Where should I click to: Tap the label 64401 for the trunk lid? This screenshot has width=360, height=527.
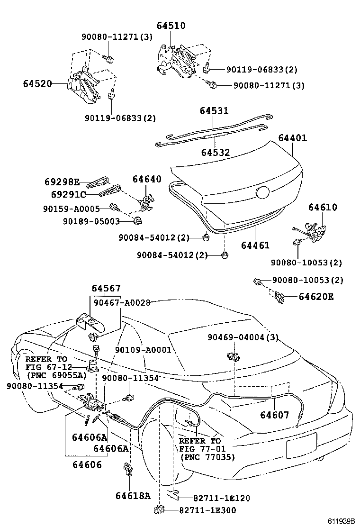(292, 138)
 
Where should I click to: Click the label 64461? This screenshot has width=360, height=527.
(255, 245)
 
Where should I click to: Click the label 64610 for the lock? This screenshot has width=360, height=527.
(323, 207)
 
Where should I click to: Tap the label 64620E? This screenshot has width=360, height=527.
(316, 297)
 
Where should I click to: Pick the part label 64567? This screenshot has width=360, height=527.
(106, 288)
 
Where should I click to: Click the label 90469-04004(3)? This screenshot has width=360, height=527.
(243, 337)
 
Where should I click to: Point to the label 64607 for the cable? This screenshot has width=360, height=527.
(274, 415)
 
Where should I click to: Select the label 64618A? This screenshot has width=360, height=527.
(133, 496)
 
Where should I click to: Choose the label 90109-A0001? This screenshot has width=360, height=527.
(142, 350)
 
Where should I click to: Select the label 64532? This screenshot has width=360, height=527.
(215, 153)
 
